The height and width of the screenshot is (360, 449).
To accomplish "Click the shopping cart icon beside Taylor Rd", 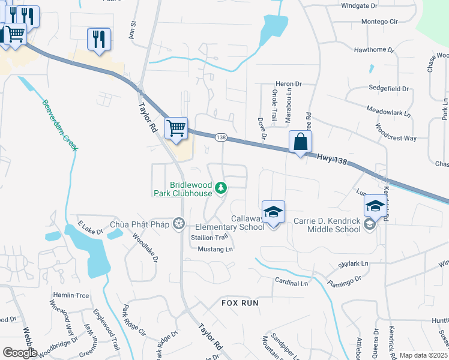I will (176, 128).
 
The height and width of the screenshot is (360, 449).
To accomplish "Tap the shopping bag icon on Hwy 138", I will (300, 143).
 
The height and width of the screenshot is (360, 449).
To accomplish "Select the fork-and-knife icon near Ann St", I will (98, 39).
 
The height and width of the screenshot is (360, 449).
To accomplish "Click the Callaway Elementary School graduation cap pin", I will (273, 212).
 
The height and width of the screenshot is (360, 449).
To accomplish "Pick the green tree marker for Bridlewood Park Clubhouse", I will (221, 188).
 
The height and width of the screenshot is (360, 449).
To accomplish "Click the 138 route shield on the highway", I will (221, 137).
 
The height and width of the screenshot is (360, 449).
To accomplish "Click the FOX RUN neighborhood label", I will (240, 303).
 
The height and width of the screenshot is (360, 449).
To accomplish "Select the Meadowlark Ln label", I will (391, 110).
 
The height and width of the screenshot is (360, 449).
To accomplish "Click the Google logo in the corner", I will (19, 352).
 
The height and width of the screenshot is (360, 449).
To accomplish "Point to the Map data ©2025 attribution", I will (423, 355).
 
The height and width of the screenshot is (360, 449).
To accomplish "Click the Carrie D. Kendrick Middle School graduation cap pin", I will (375, 206).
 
